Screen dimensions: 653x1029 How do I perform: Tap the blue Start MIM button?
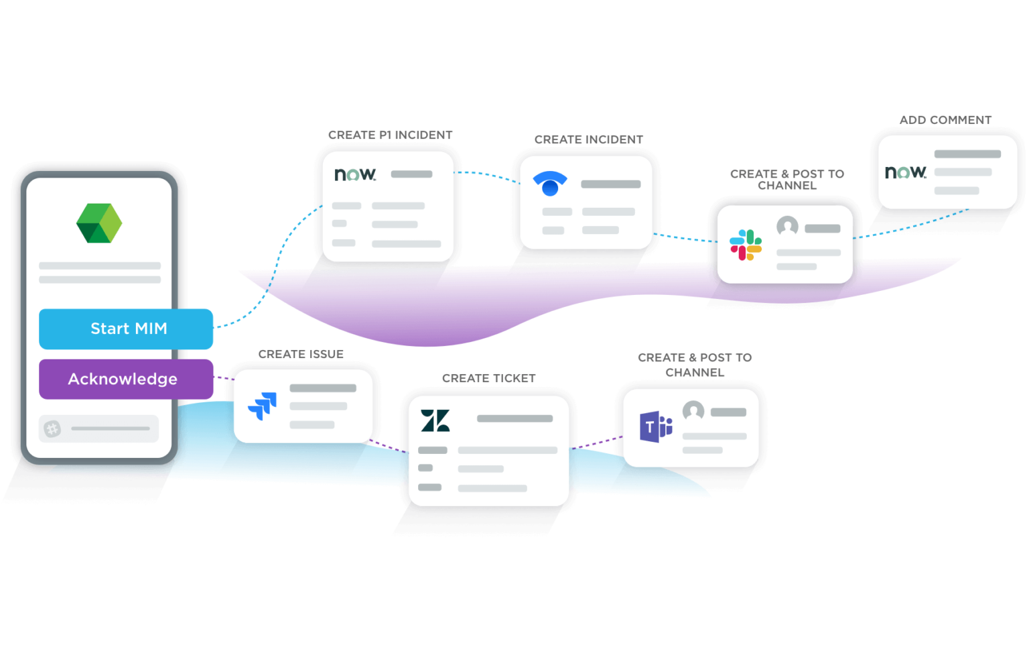coord(126,329)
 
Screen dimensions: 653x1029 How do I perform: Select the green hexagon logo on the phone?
coord(99,223)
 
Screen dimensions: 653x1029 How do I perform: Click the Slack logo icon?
coord(746,245)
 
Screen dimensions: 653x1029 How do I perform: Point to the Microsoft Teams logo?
coord(656,426)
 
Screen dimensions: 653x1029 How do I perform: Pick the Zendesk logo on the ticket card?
coord(435,420)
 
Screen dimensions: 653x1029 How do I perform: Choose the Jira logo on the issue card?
coord(263,406)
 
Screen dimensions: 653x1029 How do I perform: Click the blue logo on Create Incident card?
coord(550,183)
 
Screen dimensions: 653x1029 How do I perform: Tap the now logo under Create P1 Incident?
coord(355,174)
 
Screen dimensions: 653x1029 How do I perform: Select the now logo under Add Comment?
coord(906,172)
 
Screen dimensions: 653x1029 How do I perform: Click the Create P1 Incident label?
coord(390,135)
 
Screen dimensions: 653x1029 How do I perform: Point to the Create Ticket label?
coord(488,378)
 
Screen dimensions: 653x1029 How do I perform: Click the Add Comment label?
coord(945,120)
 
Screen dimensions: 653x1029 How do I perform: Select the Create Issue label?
coord(301,354)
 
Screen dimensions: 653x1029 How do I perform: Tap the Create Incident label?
coord(588,139)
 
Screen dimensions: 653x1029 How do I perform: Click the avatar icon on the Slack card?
coord(787,227)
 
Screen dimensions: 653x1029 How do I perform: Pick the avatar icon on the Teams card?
coord(693,410)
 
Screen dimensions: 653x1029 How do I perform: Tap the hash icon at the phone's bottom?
coord(52,428)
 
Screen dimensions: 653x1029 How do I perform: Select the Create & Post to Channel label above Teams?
coord(695,365)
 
